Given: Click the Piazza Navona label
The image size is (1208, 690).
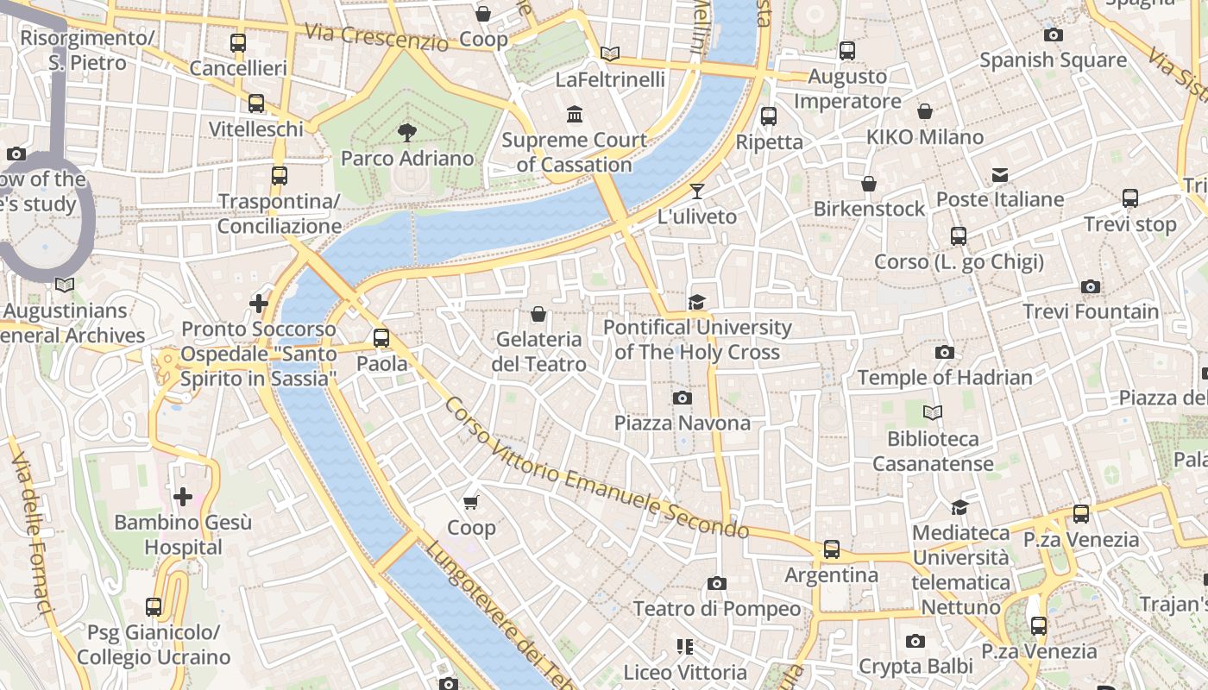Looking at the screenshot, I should pyautogui.click(x=682, y=423).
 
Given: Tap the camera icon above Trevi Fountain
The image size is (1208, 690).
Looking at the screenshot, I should pyautogui.click(x=1091, y=286).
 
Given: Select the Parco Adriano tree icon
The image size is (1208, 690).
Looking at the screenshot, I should pyautogui.click(x=406, y=133).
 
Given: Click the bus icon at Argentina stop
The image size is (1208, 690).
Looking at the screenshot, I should pyautogui.click(x=831, y=549).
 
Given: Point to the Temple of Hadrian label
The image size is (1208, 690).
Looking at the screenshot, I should pyautogui.click(x=945, y=378).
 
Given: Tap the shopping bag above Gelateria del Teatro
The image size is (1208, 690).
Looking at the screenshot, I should pyautogui.click(x=538, y=314).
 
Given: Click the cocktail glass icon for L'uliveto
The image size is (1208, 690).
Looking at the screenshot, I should pyautogui.click(x=697, y=191).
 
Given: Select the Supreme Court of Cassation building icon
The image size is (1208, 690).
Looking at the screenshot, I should pyautogui.click(x=575, y=114).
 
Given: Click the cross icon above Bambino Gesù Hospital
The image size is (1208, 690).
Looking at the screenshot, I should pyautogui.click(x=183, y=497).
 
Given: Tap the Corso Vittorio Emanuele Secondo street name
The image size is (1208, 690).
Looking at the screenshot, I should pyautogui.click(x=595, y=470).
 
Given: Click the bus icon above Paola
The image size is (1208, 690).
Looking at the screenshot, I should pyautogui.click(x=381, y=338).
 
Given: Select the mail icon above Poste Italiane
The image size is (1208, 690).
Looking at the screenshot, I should pyautogui.click(x=1000, y=175).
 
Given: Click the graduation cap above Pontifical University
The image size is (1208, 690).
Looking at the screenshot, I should pyautogui.click(x=696, y=302).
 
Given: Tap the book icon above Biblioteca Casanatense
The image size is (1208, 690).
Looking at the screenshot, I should pyautogui.click(x=932, y=412).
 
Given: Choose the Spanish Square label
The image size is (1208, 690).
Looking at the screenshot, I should pyautogui.click(x=1053, y=60).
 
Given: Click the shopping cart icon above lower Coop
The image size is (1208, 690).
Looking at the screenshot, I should pyautogui.click(x=471, y=502).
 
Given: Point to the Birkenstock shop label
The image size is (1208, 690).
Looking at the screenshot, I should pyautogui.click(x=869, y=209).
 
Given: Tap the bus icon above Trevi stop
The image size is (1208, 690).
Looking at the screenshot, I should pyautogui.click(x=1130, y=198).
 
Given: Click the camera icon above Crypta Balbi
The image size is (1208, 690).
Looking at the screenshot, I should pyautogui.click(x=915, y=641).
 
